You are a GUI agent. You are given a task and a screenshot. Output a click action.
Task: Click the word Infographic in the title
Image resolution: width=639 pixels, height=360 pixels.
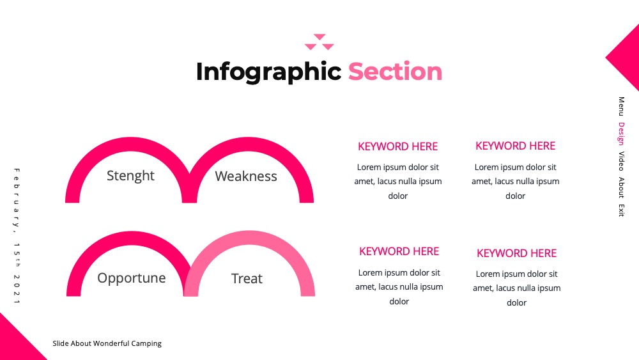268,72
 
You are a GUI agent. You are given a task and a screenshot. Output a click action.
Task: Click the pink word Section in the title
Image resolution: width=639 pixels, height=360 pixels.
395,72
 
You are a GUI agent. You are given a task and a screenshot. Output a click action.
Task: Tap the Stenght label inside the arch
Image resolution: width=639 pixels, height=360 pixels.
130,176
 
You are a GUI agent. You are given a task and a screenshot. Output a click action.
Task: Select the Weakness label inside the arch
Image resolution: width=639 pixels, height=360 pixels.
246,176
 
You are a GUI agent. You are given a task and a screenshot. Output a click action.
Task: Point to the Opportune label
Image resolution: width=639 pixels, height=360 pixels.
131,278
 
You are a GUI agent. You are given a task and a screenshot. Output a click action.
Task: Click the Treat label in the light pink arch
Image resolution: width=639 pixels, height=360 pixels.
247,278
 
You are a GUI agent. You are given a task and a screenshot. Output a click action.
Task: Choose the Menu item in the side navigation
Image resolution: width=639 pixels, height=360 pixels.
621,106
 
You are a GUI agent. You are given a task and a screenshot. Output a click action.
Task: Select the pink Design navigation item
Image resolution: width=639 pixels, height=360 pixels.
621,133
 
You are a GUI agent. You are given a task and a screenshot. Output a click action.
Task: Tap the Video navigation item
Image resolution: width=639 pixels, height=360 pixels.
621,161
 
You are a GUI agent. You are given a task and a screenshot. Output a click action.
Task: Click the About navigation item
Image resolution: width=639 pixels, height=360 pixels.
621,187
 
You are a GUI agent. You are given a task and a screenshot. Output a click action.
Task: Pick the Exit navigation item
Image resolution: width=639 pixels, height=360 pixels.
621,210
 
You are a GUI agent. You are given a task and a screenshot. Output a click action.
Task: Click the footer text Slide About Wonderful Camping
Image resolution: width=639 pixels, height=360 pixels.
107,343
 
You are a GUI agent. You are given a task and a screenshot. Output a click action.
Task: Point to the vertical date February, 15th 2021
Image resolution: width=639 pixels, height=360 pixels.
17,236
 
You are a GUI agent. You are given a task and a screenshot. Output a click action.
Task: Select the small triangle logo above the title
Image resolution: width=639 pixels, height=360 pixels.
319,42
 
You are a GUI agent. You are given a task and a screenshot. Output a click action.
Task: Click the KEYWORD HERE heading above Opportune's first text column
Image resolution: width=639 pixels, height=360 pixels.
399,251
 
